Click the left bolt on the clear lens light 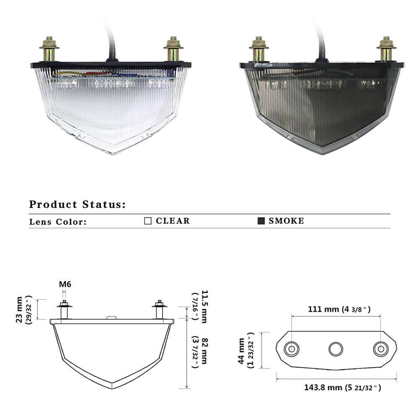(49, 49)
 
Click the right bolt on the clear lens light (173, 49)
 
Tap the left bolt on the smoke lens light (259, 49)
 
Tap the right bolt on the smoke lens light (386, 49)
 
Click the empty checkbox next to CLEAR (148, 221)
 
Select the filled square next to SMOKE (261, 221)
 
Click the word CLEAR (173, 221)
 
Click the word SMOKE (287, 221)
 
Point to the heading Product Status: (77, 204)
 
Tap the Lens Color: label (58, 222)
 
